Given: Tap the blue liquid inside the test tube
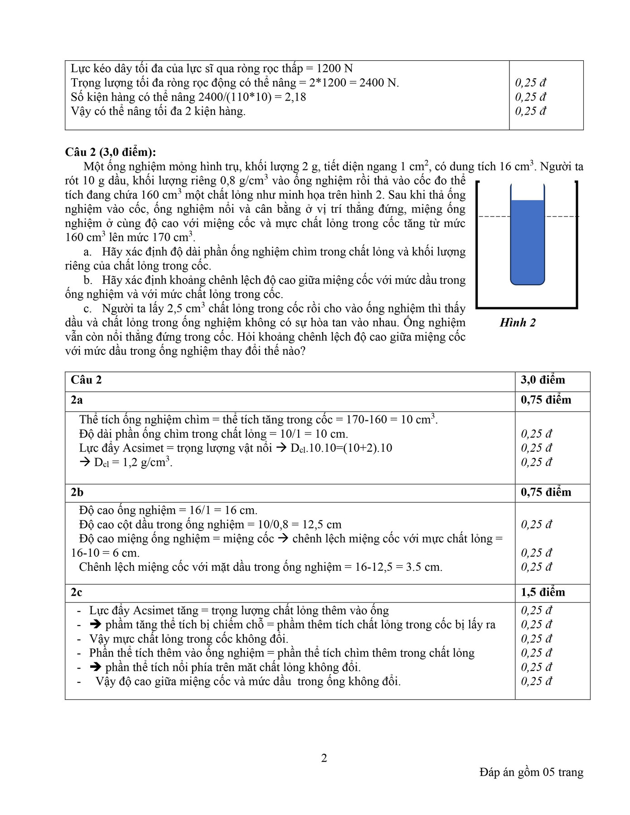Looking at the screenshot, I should [527, 242].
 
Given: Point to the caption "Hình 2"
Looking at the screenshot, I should [518, 323].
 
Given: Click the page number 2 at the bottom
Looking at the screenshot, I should [324, 758].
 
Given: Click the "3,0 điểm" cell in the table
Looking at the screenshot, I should [543, 380].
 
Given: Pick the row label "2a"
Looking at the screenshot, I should [77, 400].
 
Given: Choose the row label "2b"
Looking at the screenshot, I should [78, 492].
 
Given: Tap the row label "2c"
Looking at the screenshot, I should [77, 593].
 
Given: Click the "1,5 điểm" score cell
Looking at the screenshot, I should [543, 593].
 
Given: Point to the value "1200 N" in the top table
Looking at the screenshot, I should [334, 68].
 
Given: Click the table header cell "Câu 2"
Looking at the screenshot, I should [86, 380].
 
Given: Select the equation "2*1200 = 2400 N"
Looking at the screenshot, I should [354, 83].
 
